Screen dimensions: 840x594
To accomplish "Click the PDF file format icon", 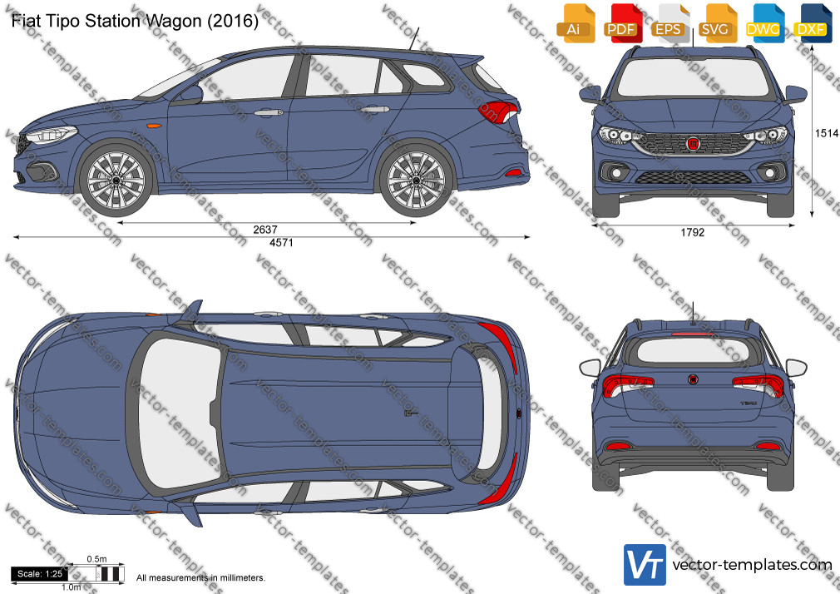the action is point(621,23).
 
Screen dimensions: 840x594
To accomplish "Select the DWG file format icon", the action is point(763,23).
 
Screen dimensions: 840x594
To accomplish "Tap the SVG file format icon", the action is point(715,23).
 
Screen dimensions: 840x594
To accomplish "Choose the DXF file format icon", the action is point(811,23).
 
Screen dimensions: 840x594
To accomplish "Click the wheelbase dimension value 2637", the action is point(265,230).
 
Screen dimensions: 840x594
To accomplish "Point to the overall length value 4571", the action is point(281,243).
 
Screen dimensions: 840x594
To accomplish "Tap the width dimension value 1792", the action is point(693,233).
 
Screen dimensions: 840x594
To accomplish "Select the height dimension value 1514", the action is point(827,133).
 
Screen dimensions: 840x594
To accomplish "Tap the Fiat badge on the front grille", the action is point(694,144).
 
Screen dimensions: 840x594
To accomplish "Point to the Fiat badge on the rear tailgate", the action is point(694,379).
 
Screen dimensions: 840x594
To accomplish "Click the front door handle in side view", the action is point(269,112).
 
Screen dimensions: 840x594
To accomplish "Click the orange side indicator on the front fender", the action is point(154,126).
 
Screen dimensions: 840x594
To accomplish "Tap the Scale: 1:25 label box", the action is point(40,574).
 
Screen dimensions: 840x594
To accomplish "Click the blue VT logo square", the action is point(645,565).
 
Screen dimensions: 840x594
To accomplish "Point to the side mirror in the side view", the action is point(190,95).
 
